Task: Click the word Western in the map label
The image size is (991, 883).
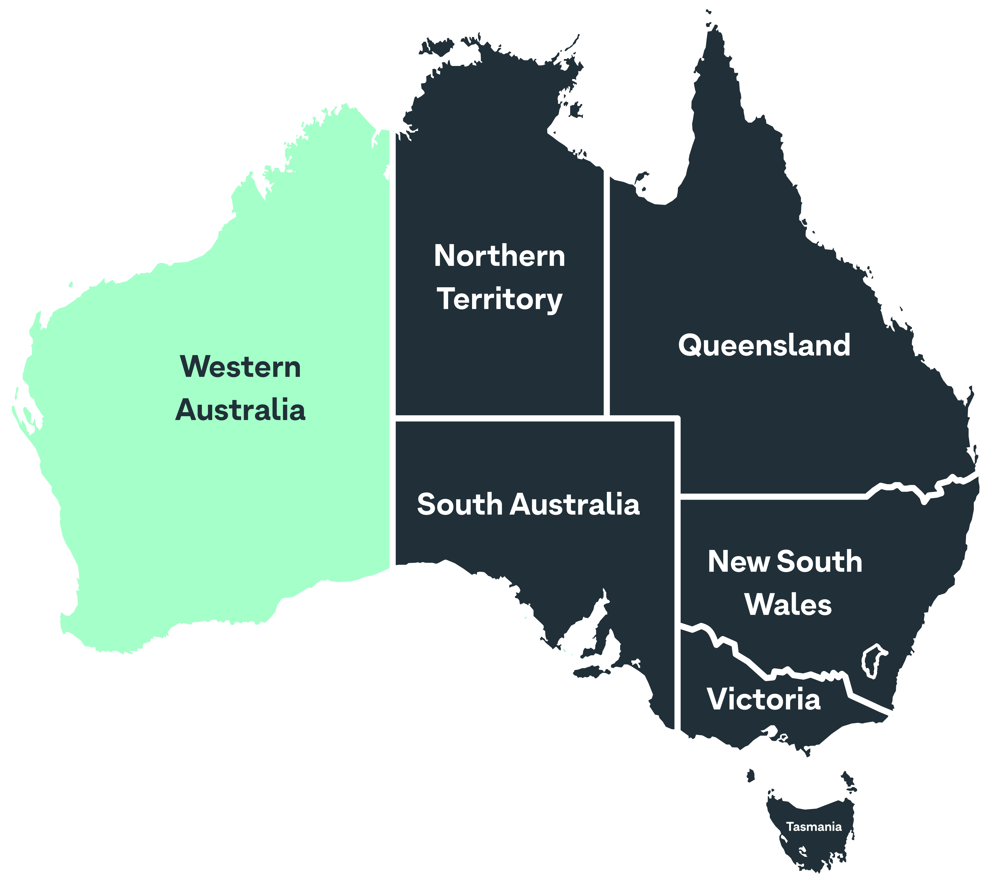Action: point(240,367)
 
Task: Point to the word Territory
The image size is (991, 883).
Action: point(500,299)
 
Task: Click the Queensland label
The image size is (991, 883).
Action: point(764,345)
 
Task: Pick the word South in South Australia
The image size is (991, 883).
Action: point(459,505)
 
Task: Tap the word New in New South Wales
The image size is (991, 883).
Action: point(739,562)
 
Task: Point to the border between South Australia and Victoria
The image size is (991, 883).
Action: point(677,679)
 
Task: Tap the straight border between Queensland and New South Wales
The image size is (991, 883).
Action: point(772,496)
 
